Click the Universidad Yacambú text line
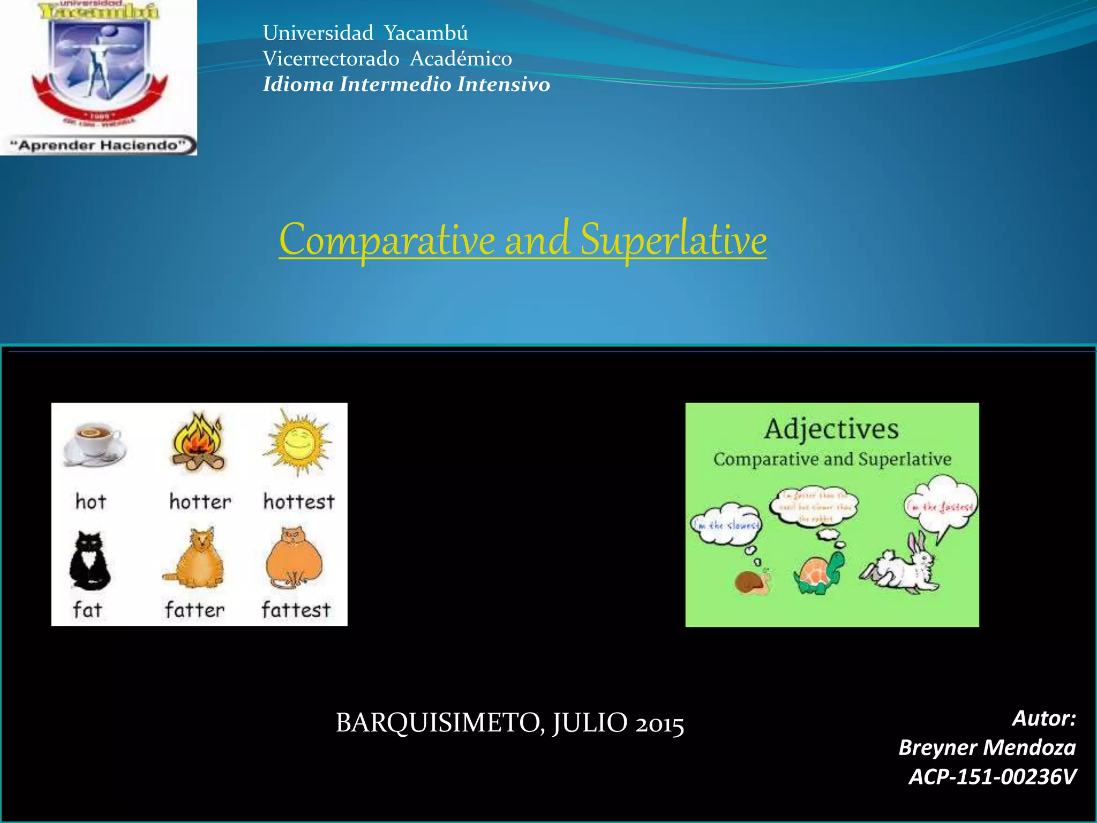pyautogui.click(x=365, y=33)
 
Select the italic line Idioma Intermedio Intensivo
pyautogui.click(x=406, y=85)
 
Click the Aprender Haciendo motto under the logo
pyautogui.click(x=100, y=145)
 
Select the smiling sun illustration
pyautogui.click(x=298, y=442)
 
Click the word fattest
pyautogui.click(x=296, y=610)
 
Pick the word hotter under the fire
pyautogui.click(x=200, y=502)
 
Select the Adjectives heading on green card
pyautogui.click(x=831, y=429)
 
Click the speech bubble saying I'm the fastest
pyautogui.click(x=940, y=506)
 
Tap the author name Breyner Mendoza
pyautogui.click(x=987, y=747)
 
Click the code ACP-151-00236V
pyautogui.click(x=992, y=776)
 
